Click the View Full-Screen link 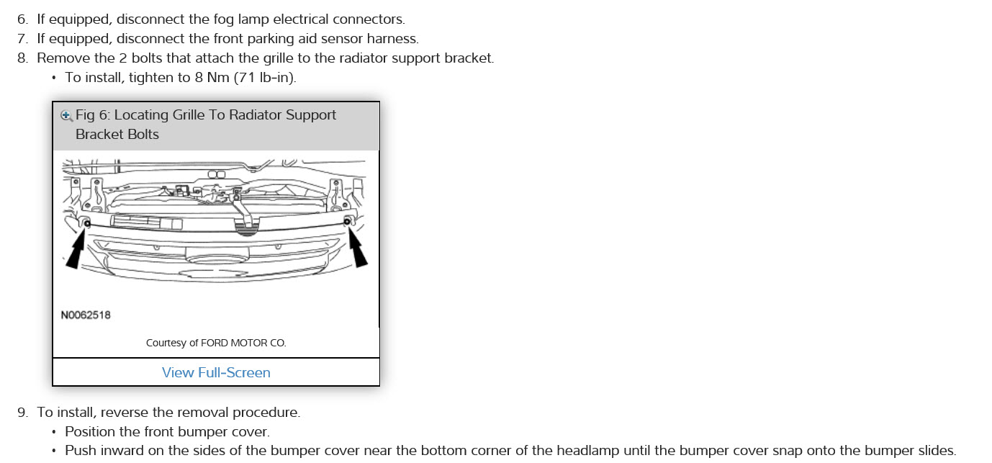click(x=216, y=372)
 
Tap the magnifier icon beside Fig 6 click(x=66, y=115)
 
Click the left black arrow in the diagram click(x=76, y=252)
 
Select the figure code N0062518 click(x=86, y=315)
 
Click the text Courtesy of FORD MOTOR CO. click(x=216, y=343)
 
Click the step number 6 click(x=22, y=19)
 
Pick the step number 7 click(x=22, y=39)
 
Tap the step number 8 click(x=22, y=58)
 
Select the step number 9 click(x=22, y=413)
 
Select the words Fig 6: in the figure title click(x=93, y=115)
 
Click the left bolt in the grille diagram click(x=87, y=224)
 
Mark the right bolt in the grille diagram click(x=347, y=222)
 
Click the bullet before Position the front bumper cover click(x=54, y=433)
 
